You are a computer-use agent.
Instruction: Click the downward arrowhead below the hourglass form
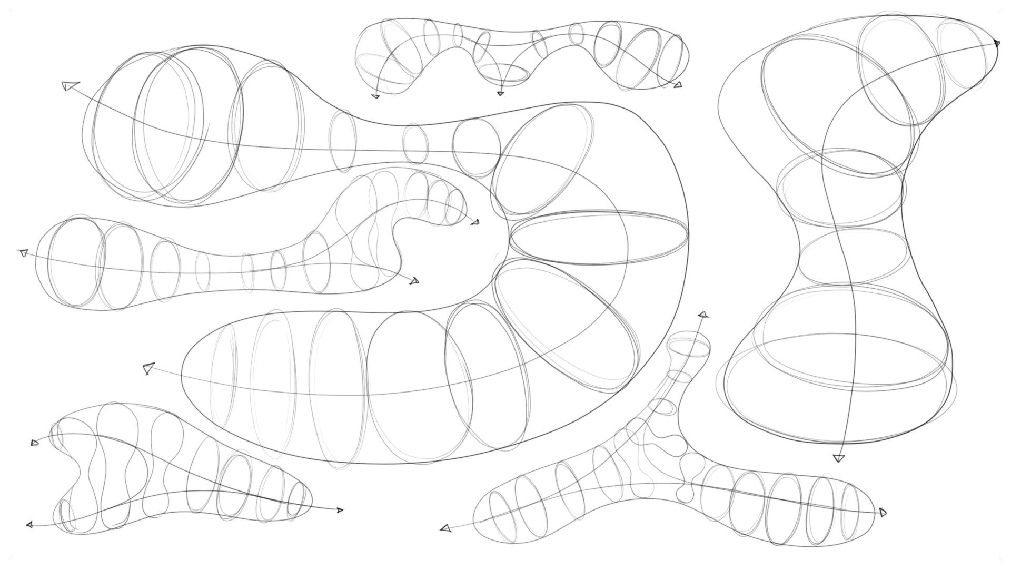(839, 458)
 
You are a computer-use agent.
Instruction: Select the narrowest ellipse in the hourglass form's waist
(853, 257)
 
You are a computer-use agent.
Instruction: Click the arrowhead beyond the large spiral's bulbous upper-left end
(69, 85)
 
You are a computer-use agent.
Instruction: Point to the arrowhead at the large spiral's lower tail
(148, 368)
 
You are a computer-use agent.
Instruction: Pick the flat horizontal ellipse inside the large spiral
(599, 238)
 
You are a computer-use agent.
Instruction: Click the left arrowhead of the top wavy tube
(375, 96)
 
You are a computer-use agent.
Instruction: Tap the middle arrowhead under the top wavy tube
(500, 93)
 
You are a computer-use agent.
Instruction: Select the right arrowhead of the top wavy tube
(678, 84)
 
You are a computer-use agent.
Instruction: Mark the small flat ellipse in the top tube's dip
(503, 72)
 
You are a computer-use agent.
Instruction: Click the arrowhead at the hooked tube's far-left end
(23, 253)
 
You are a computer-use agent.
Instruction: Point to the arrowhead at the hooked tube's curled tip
(475, 222)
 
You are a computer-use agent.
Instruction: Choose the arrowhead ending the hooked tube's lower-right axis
(415, 281)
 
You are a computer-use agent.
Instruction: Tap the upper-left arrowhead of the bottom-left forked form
(35, 443)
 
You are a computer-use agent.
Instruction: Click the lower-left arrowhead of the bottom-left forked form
(29, 524)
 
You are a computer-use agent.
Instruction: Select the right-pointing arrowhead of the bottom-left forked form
(340, 510)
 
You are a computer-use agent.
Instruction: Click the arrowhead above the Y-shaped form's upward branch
(702, 315)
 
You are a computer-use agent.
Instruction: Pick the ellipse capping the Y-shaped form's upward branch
(688, 347)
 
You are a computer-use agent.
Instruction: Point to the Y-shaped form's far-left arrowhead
(446, 528)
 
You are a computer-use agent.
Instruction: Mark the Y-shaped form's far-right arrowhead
(883, 512)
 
